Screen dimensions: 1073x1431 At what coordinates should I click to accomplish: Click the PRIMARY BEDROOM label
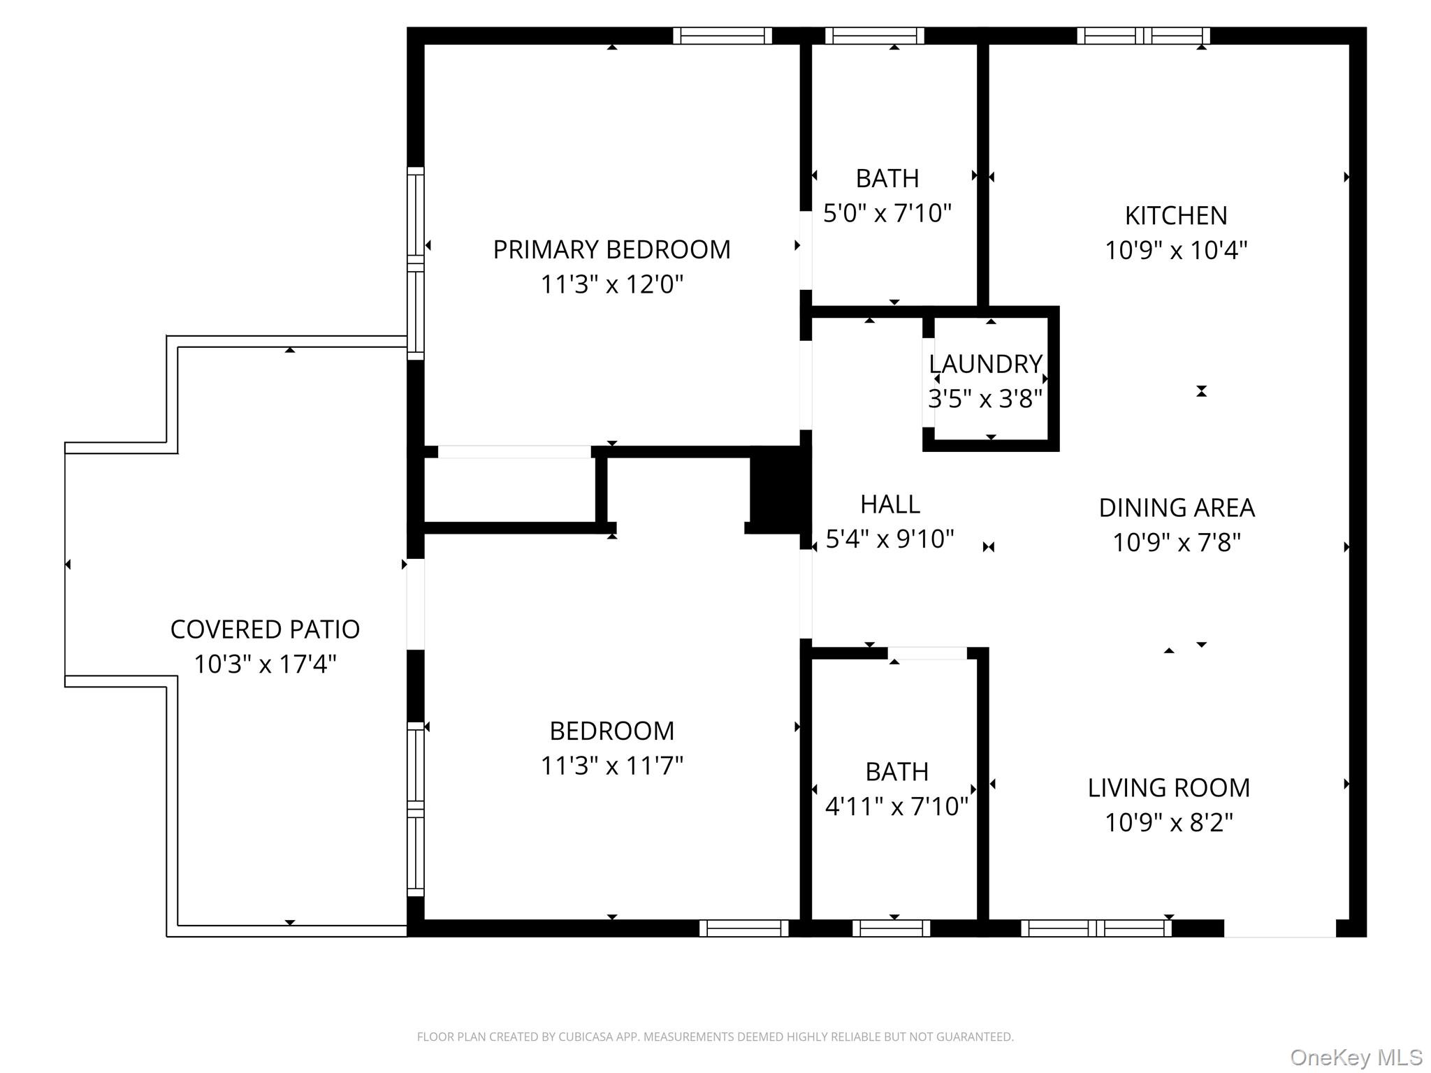611,249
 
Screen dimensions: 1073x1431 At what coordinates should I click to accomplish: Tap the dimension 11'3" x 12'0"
611,284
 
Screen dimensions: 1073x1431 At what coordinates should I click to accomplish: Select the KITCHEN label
1175,215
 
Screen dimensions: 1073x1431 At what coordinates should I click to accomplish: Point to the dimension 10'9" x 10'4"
1175,250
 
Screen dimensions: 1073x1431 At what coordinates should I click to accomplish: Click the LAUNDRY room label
985,364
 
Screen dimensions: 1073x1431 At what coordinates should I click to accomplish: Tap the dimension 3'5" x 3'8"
985,399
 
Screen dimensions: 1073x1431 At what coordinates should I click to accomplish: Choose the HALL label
889,504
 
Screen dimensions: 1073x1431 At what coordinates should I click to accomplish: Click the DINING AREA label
1176,508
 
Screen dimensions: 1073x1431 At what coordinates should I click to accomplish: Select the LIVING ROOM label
1168,787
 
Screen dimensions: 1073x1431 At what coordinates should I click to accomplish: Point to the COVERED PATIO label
265,629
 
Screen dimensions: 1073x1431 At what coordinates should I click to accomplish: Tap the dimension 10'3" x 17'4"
265,664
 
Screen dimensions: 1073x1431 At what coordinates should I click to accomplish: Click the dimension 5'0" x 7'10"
887,213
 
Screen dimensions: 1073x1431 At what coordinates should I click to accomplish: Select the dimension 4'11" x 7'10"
896,806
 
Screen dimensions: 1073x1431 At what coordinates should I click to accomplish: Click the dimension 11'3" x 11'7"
611,766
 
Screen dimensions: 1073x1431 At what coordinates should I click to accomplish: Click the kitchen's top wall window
1143,35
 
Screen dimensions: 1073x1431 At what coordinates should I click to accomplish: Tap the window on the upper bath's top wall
874,35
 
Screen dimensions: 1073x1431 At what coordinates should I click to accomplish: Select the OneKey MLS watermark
1356,1057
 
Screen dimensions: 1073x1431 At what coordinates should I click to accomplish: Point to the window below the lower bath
891,928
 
